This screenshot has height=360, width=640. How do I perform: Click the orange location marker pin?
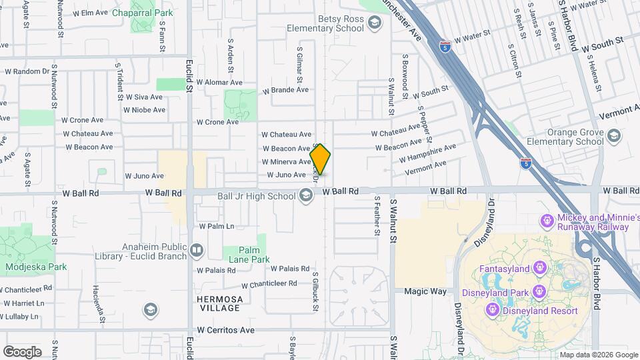[321, 159]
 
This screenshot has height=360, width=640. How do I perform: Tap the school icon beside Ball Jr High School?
[306, 195]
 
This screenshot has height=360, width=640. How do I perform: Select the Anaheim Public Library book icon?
[197, 251]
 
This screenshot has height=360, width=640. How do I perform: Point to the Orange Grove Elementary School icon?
[613, 137]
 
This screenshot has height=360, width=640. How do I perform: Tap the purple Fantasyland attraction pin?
[540, 269]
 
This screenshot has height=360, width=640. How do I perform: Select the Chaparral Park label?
[143, 13]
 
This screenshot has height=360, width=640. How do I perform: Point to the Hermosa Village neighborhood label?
[219, 303]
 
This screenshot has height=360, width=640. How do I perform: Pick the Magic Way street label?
[425, 291]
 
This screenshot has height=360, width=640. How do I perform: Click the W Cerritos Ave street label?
[226, 330]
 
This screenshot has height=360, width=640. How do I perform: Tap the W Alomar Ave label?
[209, 82]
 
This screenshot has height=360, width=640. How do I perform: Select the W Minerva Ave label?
[286, 162]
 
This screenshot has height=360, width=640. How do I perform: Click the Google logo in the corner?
[22, 351]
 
